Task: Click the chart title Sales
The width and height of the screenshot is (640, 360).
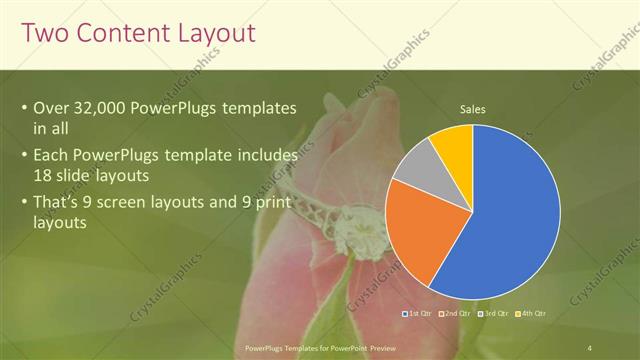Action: [473, 108]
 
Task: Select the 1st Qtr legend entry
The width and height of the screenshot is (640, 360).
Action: [419, 314]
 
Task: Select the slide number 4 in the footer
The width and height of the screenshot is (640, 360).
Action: [590, 347]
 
